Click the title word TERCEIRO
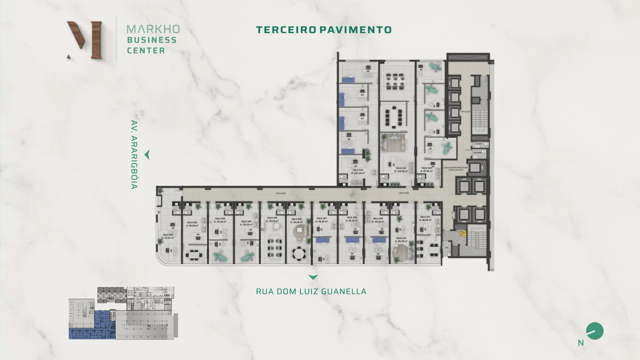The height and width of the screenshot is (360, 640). (x=286, y=30)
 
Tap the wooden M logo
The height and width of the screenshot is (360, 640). (x=84, y=40)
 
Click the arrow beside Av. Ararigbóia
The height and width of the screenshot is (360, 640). (x=147, y=155)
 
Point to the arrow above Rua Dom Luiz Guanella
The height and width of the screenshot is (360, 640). (x=313, y=277)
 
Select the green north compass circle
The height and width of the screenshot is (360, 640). (x=595, y=331)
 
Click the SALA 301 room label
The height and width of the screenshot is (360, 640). (x=168, y=235)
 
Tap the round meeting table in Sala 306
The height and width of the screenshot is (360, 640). (x=299, y=253)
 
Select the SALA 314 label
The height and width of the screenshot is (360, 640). (x=358, y=170)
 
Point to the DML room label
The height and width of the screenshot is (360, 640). (x=447, y=248)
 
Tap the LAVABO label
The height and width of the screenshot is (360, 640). (x=479, y=144)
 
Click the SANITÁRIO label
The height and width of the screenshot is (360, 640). (x=477, y=153)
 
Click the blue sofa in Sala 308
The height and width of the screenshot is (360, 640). (x=352, y=240)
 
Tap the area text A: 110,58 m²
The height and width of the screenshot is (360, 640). (x=401, y=171)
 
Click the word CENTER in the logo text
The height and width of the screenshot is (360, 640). (x=146, y=51)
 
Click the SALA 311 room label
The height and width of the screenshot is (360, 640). (x=425, y=217)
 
